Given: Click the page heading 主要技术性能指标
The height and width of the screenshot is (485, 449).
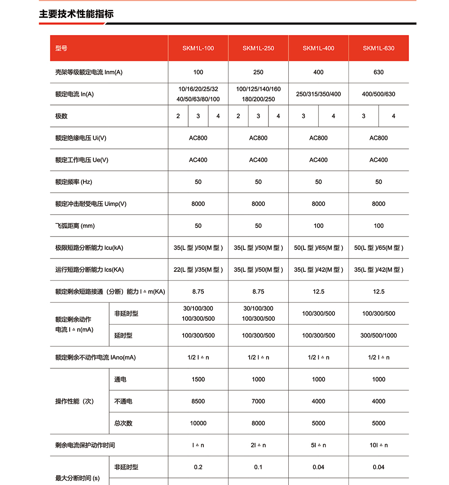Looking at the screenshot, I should [x=76, y=14].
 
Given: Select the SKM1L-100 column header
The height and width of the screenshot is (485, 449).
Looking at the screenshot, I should [x=198, y=48].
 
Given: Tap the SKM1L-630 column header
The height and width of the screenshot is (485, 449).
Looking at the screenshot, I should [x=379, y=48].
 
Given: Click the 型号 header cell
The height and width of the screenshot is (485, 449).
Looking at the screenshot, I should [x=62, y=48].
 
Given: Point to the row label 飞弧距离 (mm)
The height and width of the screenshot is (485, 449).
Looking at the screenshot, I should [x=75, y=226].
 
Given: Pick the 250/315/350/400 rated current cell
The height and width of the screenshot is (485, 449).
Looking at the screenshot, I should [x=318, y=94].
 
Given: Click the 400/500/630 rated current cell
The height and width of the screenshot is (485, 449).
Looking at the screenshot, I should [x=379, y=94].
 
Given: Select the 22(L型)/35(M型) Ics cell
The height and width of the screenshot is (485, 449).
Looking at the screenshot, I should [x=198, y=270].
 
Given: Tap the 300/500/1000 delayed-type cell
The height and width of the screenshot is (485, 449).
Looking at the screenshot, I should [x=379, y=336].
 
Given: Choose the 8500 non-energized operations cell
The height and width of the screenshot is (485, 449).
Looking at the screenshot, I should [x=198, y=402].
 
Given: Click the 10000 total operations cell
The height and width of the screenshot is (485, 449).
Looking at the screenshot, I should [x=198, y=424].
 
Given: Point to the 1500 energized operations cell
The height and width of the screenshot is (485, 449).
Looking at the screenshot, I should [x=198, y=380].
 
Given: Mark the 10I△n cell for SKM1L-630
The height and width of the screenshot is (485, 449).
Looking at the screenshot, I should [x=379, y=446].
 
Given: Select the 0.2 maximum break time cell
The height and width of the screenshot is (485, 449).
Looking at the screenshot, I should [x=198, y=468].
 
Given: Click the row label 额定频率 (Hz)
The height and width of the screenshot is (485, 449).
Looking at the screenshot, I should [x=74, y=182].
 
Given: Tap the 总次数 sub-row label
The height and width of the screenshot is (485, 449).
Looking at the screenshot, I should [x=123, y=424].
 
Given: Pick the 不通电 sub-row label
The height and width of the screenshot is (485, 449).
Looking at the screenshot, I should [x=123, y=402].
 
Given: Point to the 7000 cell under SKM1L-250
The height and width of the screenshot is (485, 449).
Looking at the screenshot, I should [x=258, y=402].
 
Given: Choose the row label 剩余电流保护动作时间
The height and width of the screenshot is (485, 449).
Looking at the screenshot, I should [x=85, y=446].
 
